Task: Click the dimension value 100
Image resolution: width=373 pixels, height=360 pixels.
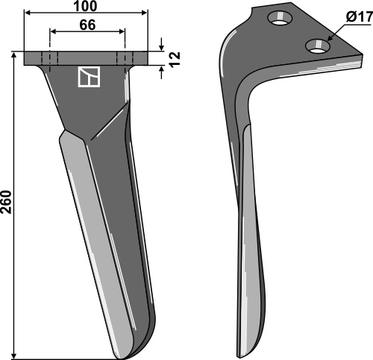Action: (85, 6)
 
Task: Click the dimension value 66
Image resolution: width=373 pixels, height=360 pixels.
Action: (87, 25)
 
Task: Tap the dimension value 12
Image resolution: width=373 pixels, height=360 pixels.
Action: (175, 59)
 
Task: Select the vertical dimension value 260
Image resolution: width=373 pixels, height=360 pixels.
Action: (6, 202)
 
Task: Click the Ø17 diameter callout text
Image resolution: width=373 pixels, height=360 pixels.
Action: (358, 17)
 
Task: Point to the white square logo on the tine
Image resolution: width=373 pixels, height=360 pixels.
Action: (89, 77)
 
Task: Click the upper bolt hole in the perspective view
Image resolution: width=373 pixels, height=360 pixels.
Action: (280, 18)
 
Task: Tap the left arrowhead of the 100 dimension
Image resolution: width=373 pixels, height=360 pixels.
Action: (28, 13)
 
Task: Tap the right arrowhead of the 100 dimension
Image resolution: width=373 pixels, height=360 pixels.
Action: (144, 13)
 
